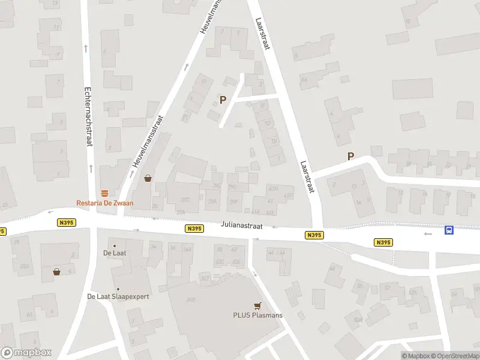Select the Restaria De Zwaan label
pos(105,203)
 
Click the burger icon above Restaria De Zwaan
pos(105,192)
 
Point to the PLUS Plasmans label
pos(258,315)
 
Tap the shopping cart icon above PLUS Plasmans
pos(258,305)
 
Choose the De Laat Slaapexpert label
pos(118,296)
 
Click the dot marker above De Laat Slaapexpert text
pos(118,289)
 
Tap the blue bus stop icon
pos(449,230)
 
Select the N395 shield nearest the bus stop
pos(383,242)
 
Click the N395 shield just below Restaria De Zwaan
pos(66,222)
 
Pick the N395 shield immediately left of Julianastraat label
pos(193,228)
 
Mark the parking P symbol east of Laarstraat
pos(350,157)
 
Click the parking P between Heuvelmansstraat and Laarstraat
pos(223,100)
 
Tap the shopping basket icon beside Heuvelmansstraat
pos(148,178)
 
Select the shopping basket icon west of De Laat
pos(56,271)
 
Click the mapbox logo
pos(26,353)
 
